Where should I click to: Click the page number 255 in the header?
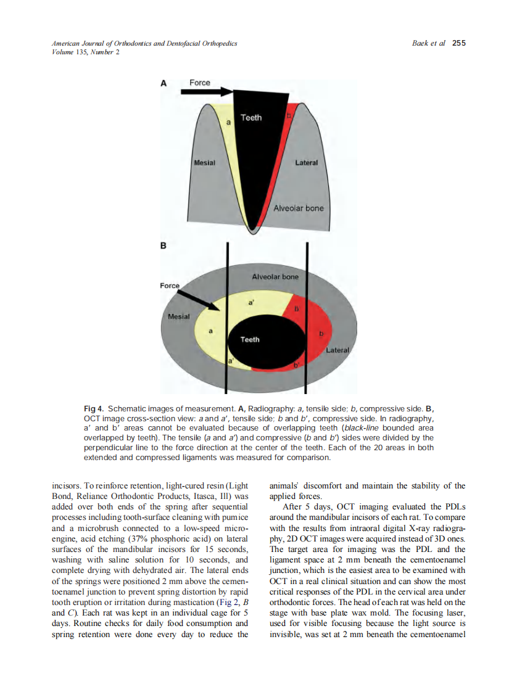(x=458, y=43)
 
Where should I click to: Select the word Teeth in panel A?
(x=251, y=117)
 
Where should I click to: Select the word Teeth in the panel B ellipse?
(x=250, y=339)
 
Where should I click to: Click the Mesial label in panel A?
(x=204, y=163)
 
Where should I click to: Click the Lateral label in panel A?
(x=307, y=163)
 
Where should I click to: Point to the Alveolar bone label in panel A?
(x=298, y=208)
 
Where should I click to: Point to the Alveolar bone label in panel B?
(x=275, y=277)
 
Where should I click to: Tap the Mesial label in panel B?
(x=179, y=316)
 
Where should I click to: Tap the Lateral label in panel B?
(x=337, y=350)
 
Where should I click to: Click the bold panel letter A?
(x=163, y=83)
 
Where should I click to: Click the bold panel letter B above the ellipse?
(x=163, y=246)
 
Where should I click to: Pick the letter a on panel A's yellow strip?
(x=228, y=123)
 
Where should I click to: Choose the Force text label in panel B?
(x=170, y=286)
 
